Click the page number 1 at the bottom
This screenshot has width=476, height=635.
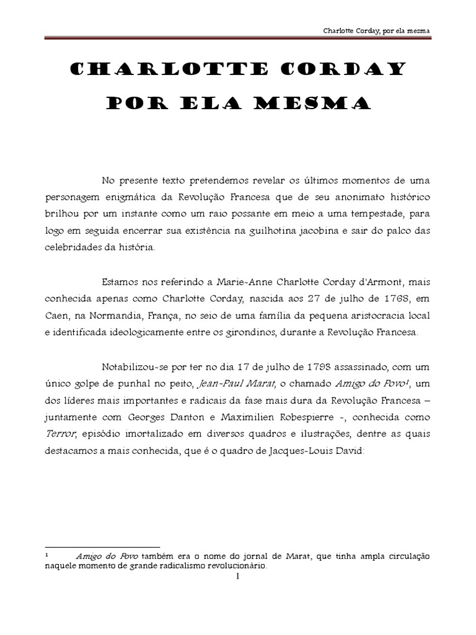pyautogui.click(x=238, y=577)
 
